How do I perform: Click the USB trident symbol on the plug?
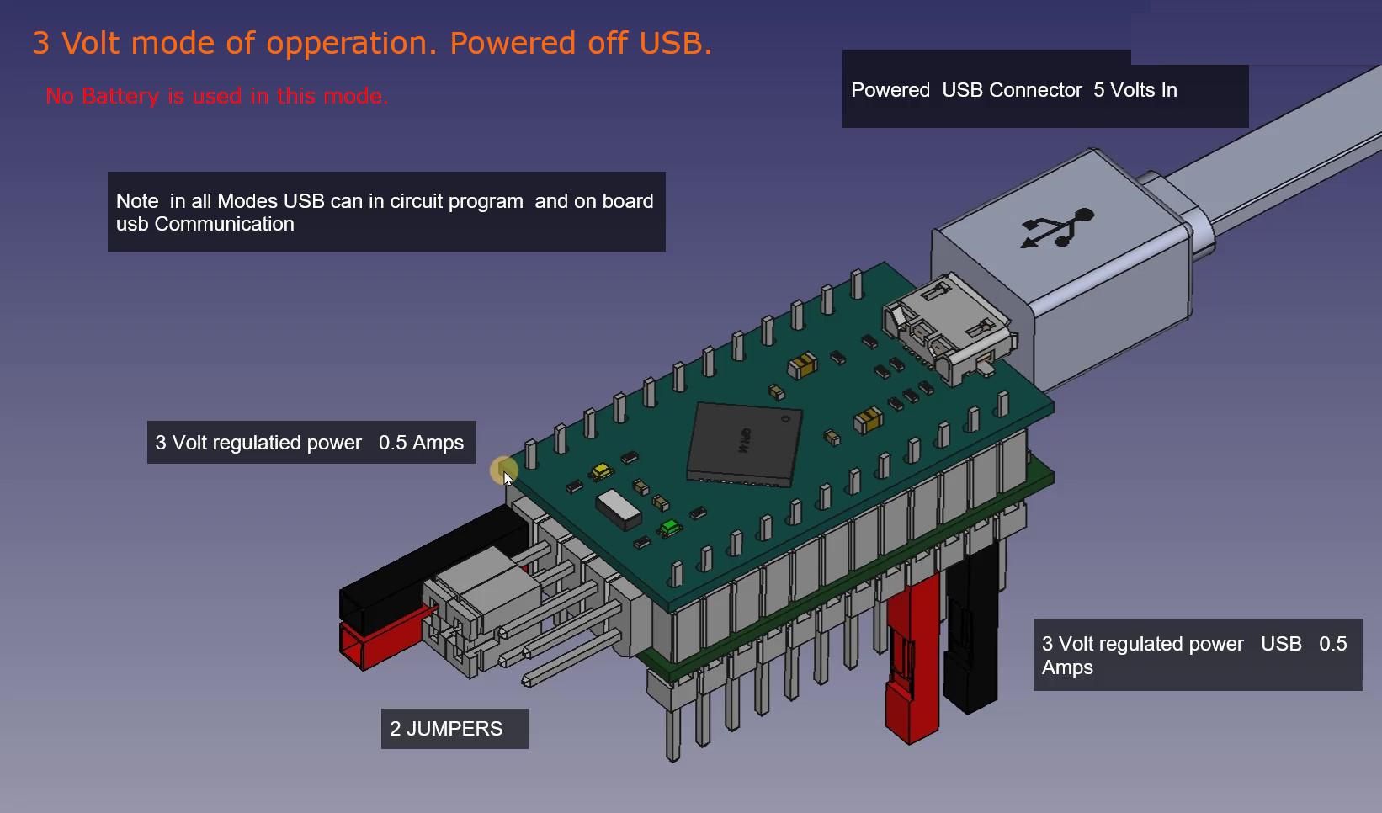(1057, 227)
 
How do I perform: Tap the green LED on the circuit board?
(669, 528)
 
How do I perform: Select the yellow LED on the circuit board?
(601, 472)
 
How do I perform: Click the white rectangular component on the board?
(619, 509)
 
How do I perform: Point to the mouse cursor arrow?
(508, 479)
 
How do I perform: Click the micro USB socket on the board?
(948, 327)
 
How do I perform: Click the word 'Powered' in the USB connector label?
(890, 90)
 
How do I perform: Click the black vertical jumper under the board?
(971, 630)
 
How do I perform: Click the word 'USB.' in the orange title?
(675, 43)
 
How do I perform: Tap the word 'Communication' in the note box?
(224, 224)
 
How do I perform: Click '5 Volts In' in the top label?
(1135, 90)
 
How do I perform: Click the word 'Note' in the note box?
(137, 201)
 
